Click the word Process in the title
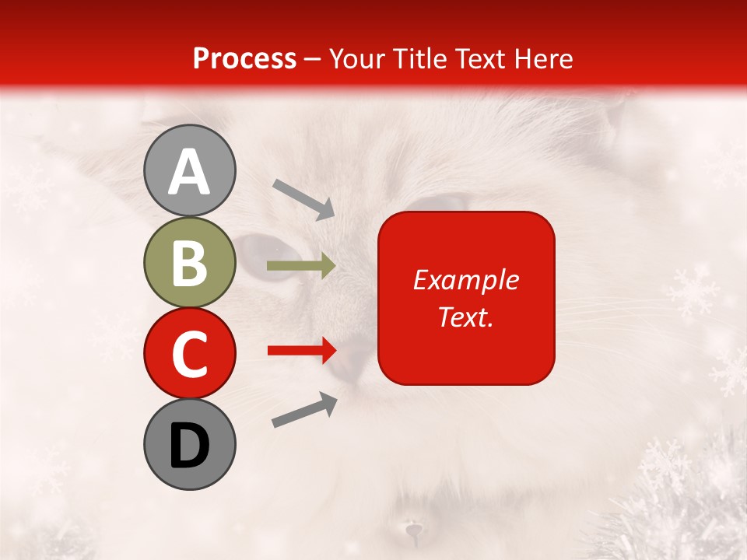pos(244,58)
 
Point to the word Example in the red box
pos(465,280)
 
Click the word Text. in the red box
pos(465,317)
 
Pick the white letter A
pos(189,172)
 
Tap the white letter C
pos(189,355)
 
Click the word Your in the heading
pos(356,58)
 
